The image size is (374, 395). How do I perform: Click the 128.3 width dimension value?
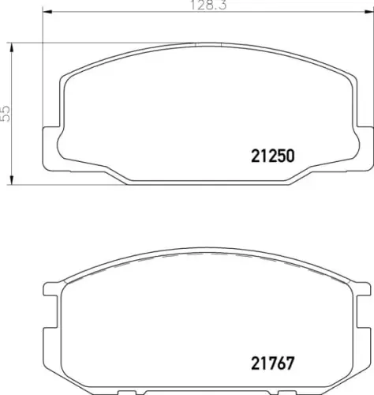coord(208,6)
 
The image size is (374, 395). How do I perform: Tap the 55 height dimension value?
coord(6,114)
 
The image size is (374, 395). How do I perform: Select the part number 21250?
coord(272,156)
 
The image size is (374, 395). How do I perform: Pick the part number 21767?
coord(272,363)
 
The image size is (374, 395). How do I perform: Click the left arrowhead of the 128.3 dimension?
coord(47,12)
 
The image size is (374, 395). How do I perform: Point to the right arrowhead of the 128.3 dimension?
coord(368,12)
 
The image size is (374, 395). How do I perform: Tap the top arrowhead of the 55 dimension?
coord(11,47)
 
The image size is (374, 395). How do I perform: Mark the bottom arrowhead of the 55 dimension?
coord(11,179)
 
